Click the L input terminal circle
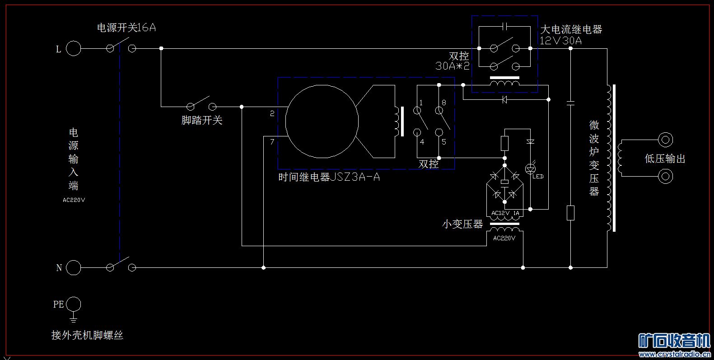click(x=74, y=48)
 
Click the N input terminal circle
click(x=74, y=268)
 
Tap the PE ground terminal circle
click(x=74, y=304)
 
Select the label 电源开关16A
click(x=126, y=28)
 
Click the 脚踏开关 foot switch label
click(x=202, y=120)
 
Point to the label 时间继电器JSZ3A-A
click(x=329, y=177)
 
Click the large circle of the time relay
click(x=322, y=122)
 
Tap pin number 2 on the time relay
click(x=272, y=114)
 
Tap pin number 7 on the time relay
click(x=272, y=142)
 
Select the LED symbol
click(x=530, y=168)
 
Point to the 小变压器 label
click(x=462, y=224)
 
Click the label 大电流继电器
click(x=571, y=30)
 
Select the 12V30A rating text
click(x=561, y=41)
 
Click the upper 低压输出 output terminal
click(x=665, y=140)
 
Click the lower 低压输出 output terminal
click(x=665, y=176)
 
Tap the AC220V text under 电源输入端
click(x=74, y=200)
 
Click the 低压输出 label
click(x=665, y=159)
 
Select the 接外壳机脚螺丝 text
click(x=87, y=335)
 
